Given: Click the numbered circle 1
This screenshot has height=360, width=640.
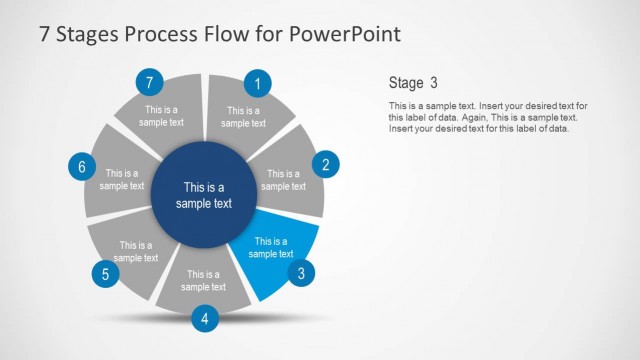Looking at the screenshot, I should (258, 84).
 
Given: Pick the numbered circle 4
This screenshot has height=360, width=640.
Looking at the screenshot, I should (205, 319).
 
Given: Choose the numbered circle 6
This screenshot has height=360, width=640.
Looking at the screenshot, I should (82, 167).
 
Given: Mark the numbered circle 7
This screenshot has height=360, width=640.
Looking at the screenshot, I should (149, 82).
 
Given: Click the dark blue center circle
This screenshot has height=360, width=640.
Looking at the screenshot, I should (203, 194).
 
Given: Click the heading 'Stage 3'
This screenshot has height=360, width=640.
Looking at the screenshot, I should (412, 83).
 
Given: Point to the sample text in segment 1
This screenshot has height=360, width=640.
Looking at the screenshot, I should (243, 117).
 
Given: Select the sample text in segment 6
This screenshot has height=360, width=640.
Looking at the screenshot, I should (122, 179).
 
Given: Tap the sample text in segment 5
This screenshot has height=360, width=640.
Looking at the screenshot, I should (136, 251).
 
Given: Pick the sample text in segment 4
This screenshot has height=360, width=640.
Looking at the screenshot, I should (204, 281).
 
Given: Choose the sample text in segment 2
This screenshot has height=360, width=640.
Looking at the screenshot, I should (284, 179).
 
